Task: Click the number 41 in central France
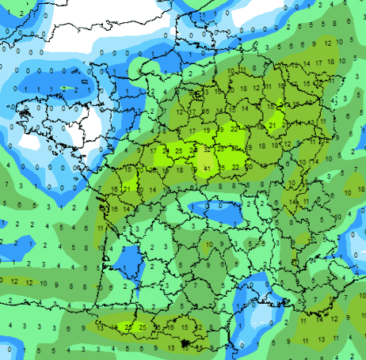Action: coord(206,169)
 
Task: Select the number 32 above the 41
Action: coord(207,149)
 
